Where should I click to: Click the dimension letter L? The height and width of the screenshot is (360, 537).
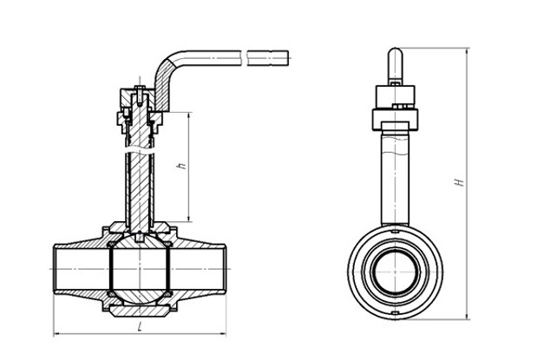tap(140, 327)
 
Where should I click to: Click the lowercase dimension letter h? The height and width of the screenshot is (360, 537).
tap(182, 166)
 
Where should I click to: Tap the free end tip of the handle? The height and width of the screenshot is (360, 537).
tap(288, 58)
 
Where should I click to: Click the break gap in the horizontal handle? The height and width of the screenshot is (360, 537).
tap(246, 58)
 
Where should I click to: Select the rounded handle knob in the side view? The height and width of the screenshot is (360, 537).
tap(396, 65)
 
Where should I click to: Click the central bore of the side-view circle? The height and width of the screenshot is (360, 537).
tap(396, 272)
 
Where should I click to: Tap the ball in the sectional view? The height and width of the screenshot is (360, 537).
tap(140, 269)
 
